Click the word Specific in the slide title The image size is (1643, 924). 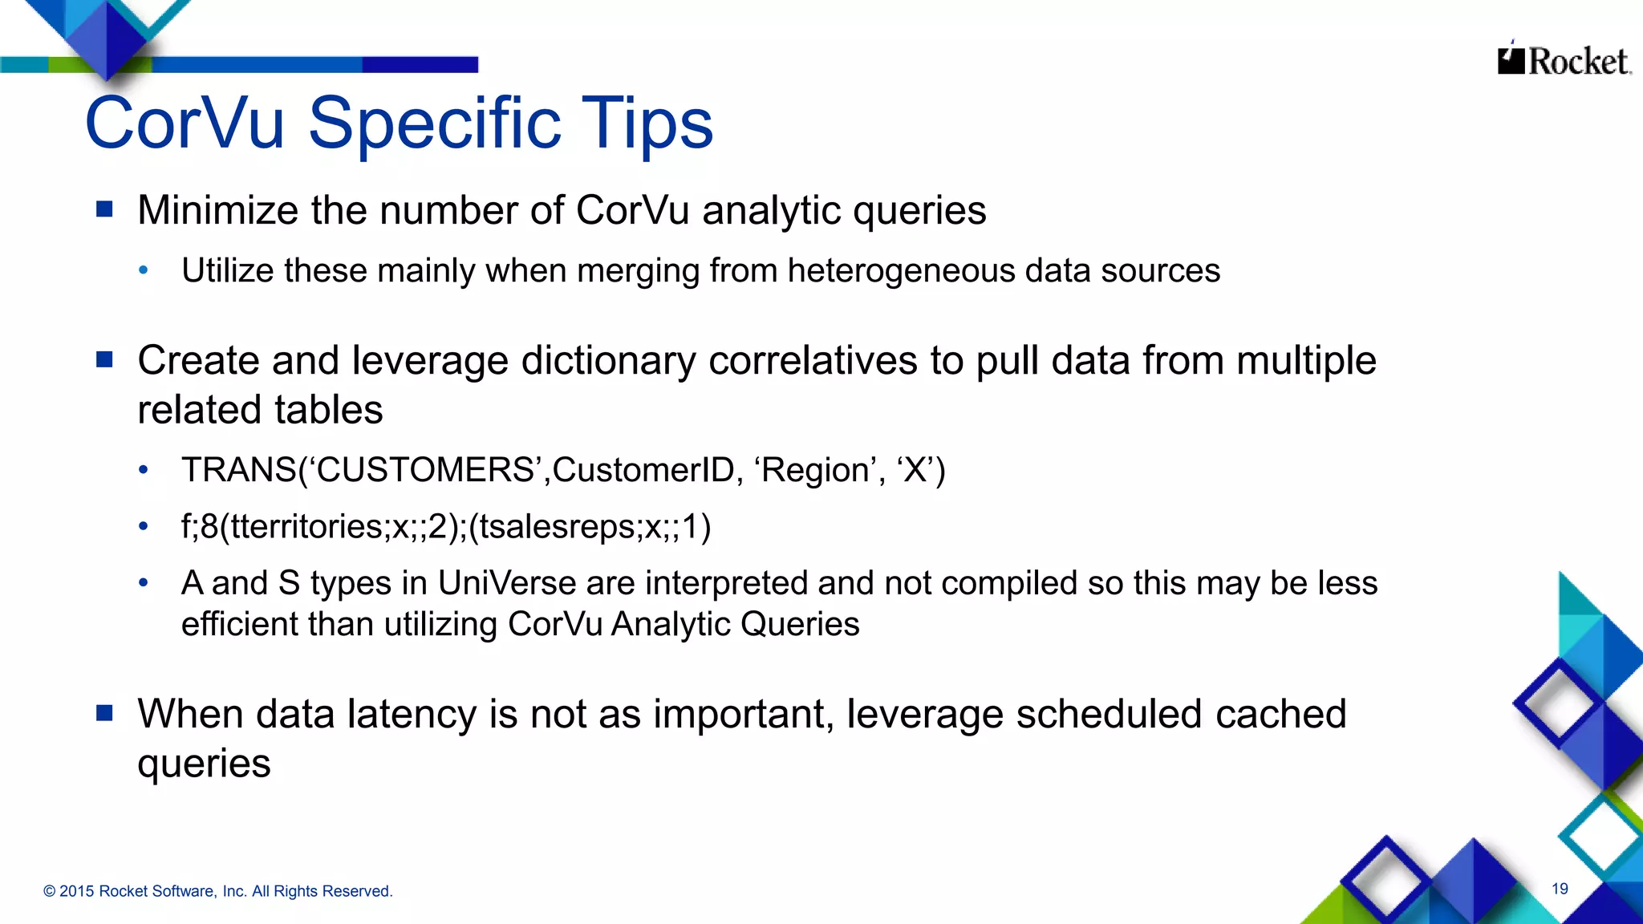(434, 124)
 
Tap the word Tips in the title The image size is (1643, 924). (647, 124)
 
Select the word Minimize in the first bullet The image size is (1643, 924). (217, 211)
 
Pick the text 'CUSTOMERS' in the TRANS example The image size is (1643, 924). (426, 470)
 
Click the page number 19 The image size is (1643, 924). (1560, 889)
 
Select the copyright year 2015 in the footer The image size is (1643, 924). (76, 891)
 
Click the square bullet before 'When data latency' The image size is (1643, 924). (104, 713)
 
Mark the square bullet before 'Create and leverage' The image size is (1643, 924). (104, 359)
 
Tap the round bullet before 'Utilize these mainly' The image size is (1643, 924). (144, 270)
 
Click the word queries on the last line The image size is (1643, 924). (204, 763)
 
